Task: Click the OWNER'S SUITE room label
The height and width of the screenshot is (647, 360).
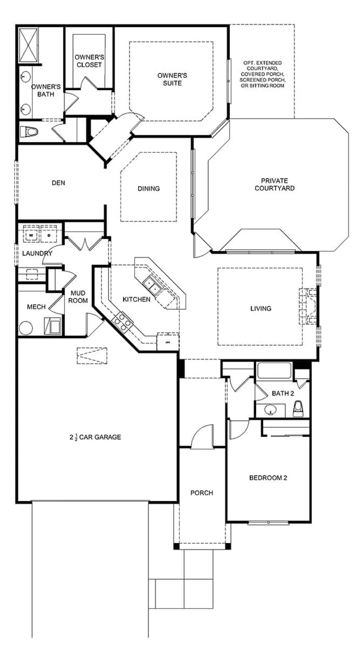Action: coord(172,79)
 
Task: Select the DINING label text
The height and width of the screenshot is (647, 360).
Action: coord(149,188)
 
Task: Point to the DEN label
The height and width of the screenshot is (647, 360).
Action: coord(59,183)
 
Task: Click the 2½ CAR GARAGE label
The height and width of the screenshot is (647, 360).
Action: coord(95,437)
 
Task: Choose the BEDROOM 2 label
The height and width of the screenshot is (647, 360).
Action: coord(268,478)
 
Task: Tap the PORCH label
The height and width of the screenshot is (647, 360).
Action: coord(202,493)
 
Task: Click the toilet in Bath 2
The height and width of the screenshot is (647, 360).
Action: coord(298,409)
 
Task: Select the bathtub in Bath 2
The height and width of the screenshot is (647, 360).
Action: coord(274,371)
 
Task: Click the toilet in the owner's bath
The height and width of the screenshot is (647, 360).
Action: coord(29,132)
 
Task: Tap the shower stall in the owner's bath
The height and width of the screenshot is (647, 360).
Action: coord(28,45)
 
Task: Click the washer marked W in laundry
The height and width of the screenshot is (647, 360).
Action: coord(31,235)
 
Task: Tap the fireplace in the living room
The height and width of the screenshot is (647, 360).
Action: coord(308,306)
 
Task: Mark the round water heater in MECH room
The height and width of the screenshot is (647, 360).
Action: coord(26,328)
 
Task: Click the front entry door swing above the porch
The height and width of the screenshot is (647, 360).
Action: coord(202,438)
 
